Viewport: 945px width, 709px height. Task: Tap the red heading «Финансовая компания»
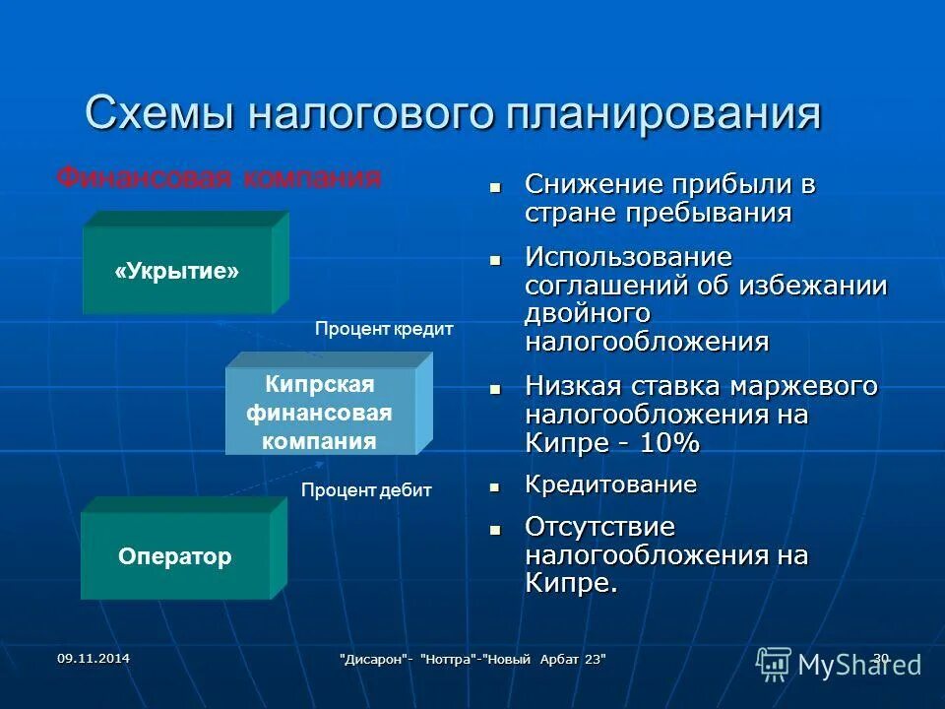pos(218,178)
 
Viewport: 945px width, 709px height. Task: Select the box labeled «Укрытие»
pos(177,271)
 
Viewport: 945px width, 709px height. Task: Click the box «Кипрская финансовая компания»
pos(319,412)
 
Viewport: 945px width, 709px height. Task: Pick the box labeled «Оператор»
pos(175,557)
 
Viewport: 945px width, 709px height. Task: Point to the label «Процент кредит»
pos(384,330)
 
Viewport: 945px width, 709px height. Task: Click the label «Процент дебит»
pos(366,489)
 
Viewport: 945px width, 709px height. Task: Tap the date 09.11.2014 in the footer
pos(93,658)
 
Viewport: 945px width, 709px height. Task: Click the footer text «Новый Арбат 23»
pos(550,659)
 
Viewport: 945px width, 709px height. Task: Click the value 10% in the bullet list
pos(670,443)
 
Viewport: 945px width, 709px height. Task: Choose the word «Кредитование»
pos(610,484)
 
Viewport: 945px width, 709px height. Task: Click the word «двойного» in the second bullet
pos(587,314)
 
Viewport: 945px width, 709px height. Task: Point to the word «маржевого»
pos(798,386)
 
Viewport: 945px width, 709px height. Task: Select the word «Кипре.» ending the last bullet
pos(571,583)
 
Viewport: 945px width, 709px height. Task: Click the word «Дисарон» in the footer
pos(374,659)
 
